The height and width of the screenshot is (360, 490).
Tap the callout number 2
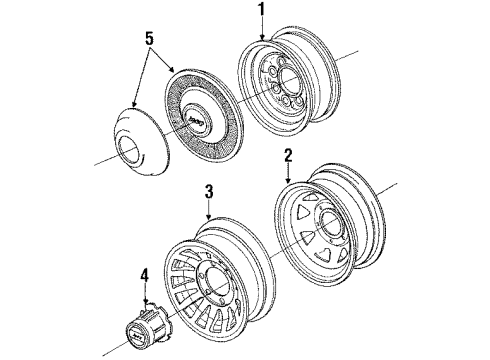click(287, 156)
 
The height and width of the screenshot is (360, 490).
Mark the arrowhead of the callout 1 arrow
click(264, 40)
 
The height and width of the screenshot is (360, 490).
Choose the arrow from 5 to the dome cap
click(141, 80)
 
